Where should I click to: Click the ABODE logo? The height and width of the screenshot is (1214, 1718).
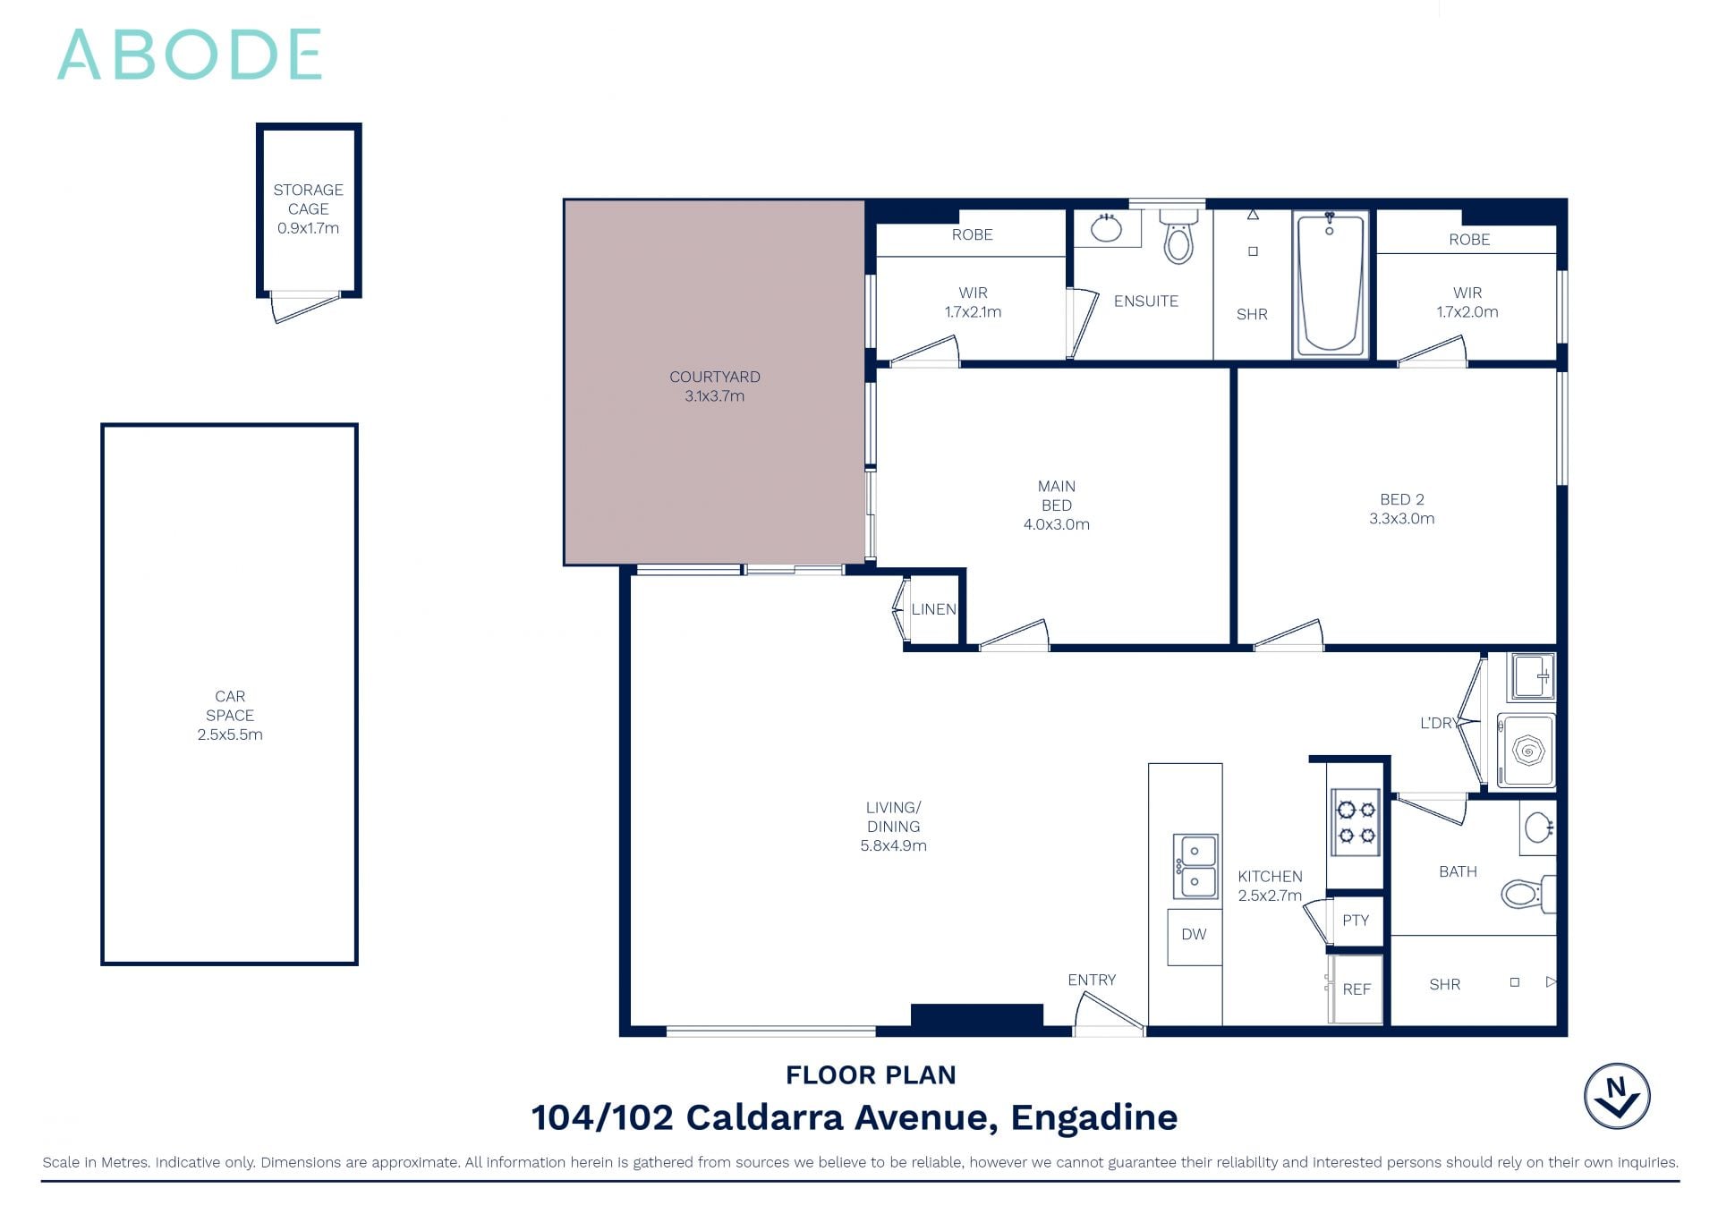click(190, 55)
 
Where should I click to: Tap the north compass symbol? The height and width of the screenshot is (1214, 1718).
click(1617, 1096)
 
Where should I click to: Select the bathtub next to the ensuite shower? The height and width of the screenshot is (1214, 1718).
click(1330, 284)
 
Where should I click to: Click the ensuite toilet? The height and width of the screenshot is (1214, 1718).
click(1178, 237)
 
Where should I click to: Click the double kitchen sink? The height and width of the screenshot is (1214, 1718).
click(1195, 866)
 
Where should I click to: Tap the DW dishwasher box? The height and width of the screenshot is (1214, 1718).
click(1194, 935)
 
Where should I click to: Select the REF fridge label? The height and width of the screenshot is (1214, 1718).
click(1357, 989)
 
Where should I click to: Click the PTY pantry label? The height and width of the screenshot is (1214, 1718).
click(1356, 921)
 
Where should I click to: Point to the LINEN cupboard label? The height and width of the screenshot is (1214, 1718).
click(933, 609)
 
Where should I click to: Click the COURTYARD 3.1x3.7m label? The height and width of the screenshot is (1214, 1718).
click(714, 386)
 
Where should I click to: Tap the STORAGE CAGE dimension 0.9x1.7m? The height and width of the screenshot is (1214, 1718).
click(308, 228)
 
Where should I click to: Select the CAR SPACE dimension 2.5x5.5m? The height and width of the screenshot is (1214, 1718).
click(230, 734)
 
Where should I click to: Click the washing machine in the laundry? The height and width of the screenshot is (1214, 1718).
click(1527, 751)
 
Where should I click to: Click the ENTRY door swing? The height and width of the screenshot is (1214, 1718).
click(1108, 1014)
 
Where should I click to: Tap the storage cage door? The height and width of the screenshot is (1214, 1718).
click(305, 306)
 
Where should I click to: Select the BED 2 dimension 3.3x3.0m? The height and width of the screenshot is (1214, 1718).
click(1401, 519)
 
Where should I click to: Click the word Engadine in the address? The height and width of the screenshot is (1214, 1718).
click(1093, 1117)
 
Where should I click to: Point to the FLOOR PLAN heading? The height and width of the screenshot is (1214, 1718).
click(871, 1074)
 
